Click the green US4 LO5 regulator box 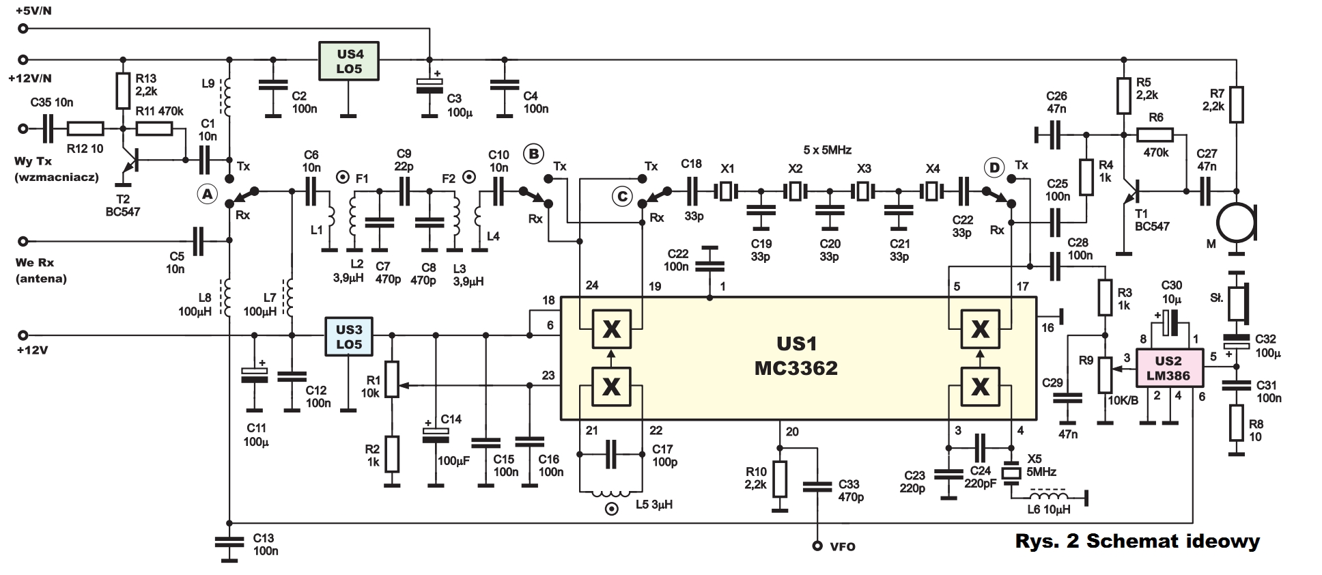349,61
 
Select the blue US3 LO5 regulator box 349,336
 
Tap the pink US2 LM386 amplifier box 1168,368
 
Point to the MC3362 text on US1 796,369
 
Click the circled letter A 206,195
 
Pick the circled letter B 533,154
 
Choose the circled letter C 622,197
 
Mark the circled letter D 994,167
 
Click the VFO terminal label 842,546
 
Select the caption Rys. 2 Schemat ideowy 1137,542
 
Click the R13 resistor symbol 123,91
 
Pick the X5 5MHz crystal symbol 1011,473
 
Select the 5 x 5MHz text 828,150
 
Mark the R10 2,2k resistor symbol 779,477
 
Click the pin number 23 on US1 548,376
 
